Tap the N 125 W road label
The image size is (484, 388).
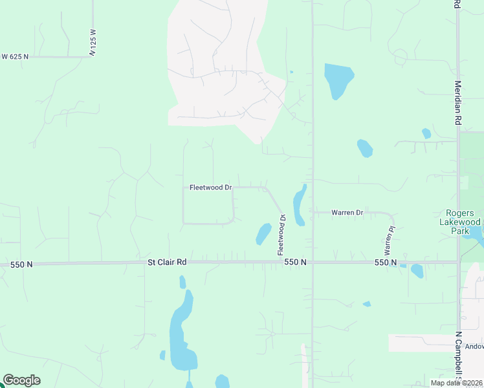(x=93, y=42)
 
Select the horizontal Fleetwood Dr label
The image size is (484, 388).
(x=210, y=188)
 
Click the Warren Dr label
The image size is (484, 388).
(x=347, y=212)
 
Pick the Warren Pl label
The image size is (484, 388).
(x=390, y=240)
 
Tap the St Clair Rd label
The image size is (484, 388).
(x=167, y=262)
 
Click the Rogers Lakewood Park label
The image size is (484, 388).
(x=460, y=222)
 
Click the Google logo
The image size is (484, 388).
(x=21, y=380)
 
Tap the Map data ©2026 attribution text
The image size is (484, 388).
(x=456, y=383)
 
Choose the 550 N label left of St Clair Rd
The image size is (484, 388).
(x=21, y=265)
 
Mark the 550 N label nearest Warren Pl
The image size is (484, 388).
(x=385, y=263)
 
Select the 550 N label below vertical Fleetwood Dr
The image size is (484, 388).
(x=294, y=262)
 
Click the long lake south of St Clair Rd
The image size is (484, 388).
(x=181, y=333)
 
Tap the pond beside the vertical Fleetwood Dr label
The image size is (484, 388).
(x=263, y=233)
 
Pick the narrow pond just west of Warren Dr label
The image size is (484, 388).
(x=299, y=205)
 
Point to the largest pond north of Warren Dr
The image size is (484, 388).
(x=338, y=79)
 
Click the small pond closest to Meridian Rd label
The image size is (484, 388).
(x=426, y=134)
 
